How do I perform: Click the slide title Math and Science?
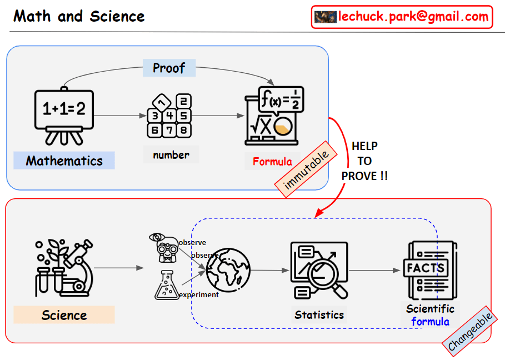(x=79, y=16)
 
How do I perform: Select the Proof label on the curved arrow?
(x=169, y=68)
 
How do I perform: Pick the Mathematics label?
(x=64, y=161)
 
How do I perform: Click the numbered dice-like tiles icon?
(x=169, y=116)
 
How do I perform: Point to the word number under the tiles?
(x=171, y=154)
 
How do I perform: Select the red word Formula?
(x=272, y=162)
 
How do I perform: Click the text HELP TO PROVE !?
(x=364, y=161)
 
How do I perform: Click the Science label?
(x=64, y=315)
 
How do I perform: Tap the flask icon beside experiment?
(x=167, y=285)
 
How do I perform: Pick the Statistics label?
(x=319, y=314)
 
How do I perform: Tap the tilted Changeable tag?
(x=471, y=332)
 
